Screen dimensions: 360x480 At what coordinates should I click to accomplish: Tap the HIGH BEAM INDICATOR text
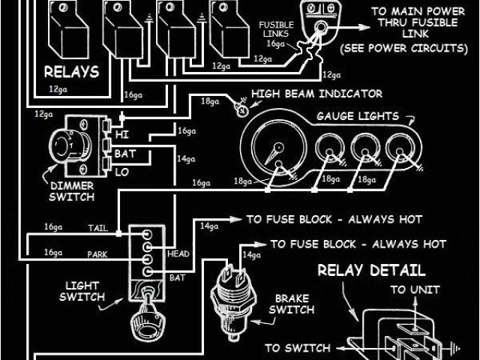point(316,94)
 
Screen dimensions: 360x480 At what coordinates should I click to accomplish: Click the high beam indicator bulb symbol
point(241,109)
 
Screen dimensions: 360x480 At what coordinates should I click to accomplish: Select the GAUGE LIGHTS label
point(357,117)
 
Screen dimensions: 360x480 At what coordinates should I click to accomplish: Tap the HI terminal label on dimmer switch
point(123,135)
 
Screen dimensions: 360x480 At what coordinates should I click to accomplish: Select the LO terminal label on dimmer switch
point(123,172)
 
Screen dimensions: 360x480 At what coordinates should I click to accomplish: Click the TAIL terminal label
point(97,227)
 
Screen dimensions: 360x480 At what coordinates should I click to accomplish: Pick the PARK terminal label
point(97,253)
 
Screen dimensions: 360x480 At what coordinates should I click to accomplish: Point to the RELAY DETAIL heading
point(372,270)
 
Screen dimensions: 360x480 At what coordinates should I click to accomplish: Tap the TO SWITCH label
point(297,348)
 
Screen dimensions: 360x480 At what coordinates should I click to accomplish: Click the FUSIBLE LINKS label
point(276,29)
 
